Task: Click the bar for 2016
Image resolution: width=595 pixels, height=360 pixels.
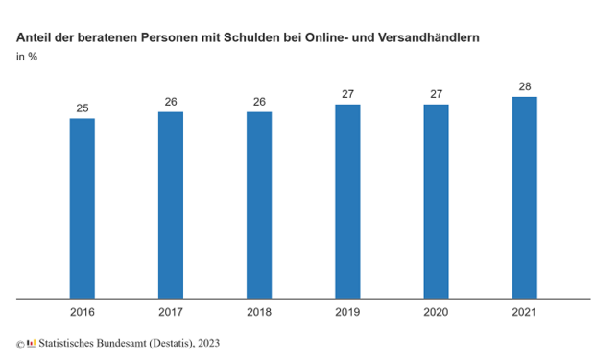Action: (83, 208)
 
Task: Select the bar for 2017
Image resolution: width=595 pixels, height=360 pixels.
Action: (171, 205)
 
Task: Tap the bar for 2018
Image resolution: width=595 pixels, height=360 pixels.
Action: (259, 205)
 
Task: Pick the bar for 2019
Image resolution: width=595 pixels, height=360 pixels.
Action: (347, 202)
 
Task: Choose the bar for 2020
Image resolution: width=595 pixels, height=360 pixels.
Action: (436, 202)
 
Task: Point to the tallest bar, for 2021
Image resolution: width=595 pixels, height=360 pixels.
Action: (524, 198)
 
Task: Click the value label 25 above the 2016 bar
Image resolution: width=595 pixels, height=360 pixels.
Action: (83, 108)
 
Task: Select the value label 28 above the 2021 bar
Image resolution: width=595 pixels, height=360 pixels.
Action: (524, 86)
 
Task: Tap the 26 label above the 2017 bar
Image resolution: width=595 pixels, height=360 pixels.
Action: (171, 101)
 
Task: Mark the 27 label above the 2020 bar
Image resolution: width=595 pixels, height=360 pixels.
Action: (436, 94)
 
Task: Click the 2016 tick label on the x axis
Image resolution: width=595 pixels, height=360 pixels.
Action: (83, 312)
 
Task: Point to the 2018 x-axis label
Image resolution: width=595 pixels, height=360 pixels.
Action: (259, 312)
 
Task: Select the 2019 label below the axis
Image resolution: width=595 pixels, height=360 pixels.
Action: (347, 312)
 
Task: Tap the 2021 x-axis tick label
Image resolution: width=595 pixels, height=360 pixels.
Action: (524, 312)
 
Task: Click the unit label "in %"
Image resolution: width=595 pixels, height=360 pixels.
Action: (27, 57)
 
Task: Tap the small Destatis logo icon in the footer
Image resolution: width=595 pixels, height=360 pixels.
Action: (31, 342)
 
